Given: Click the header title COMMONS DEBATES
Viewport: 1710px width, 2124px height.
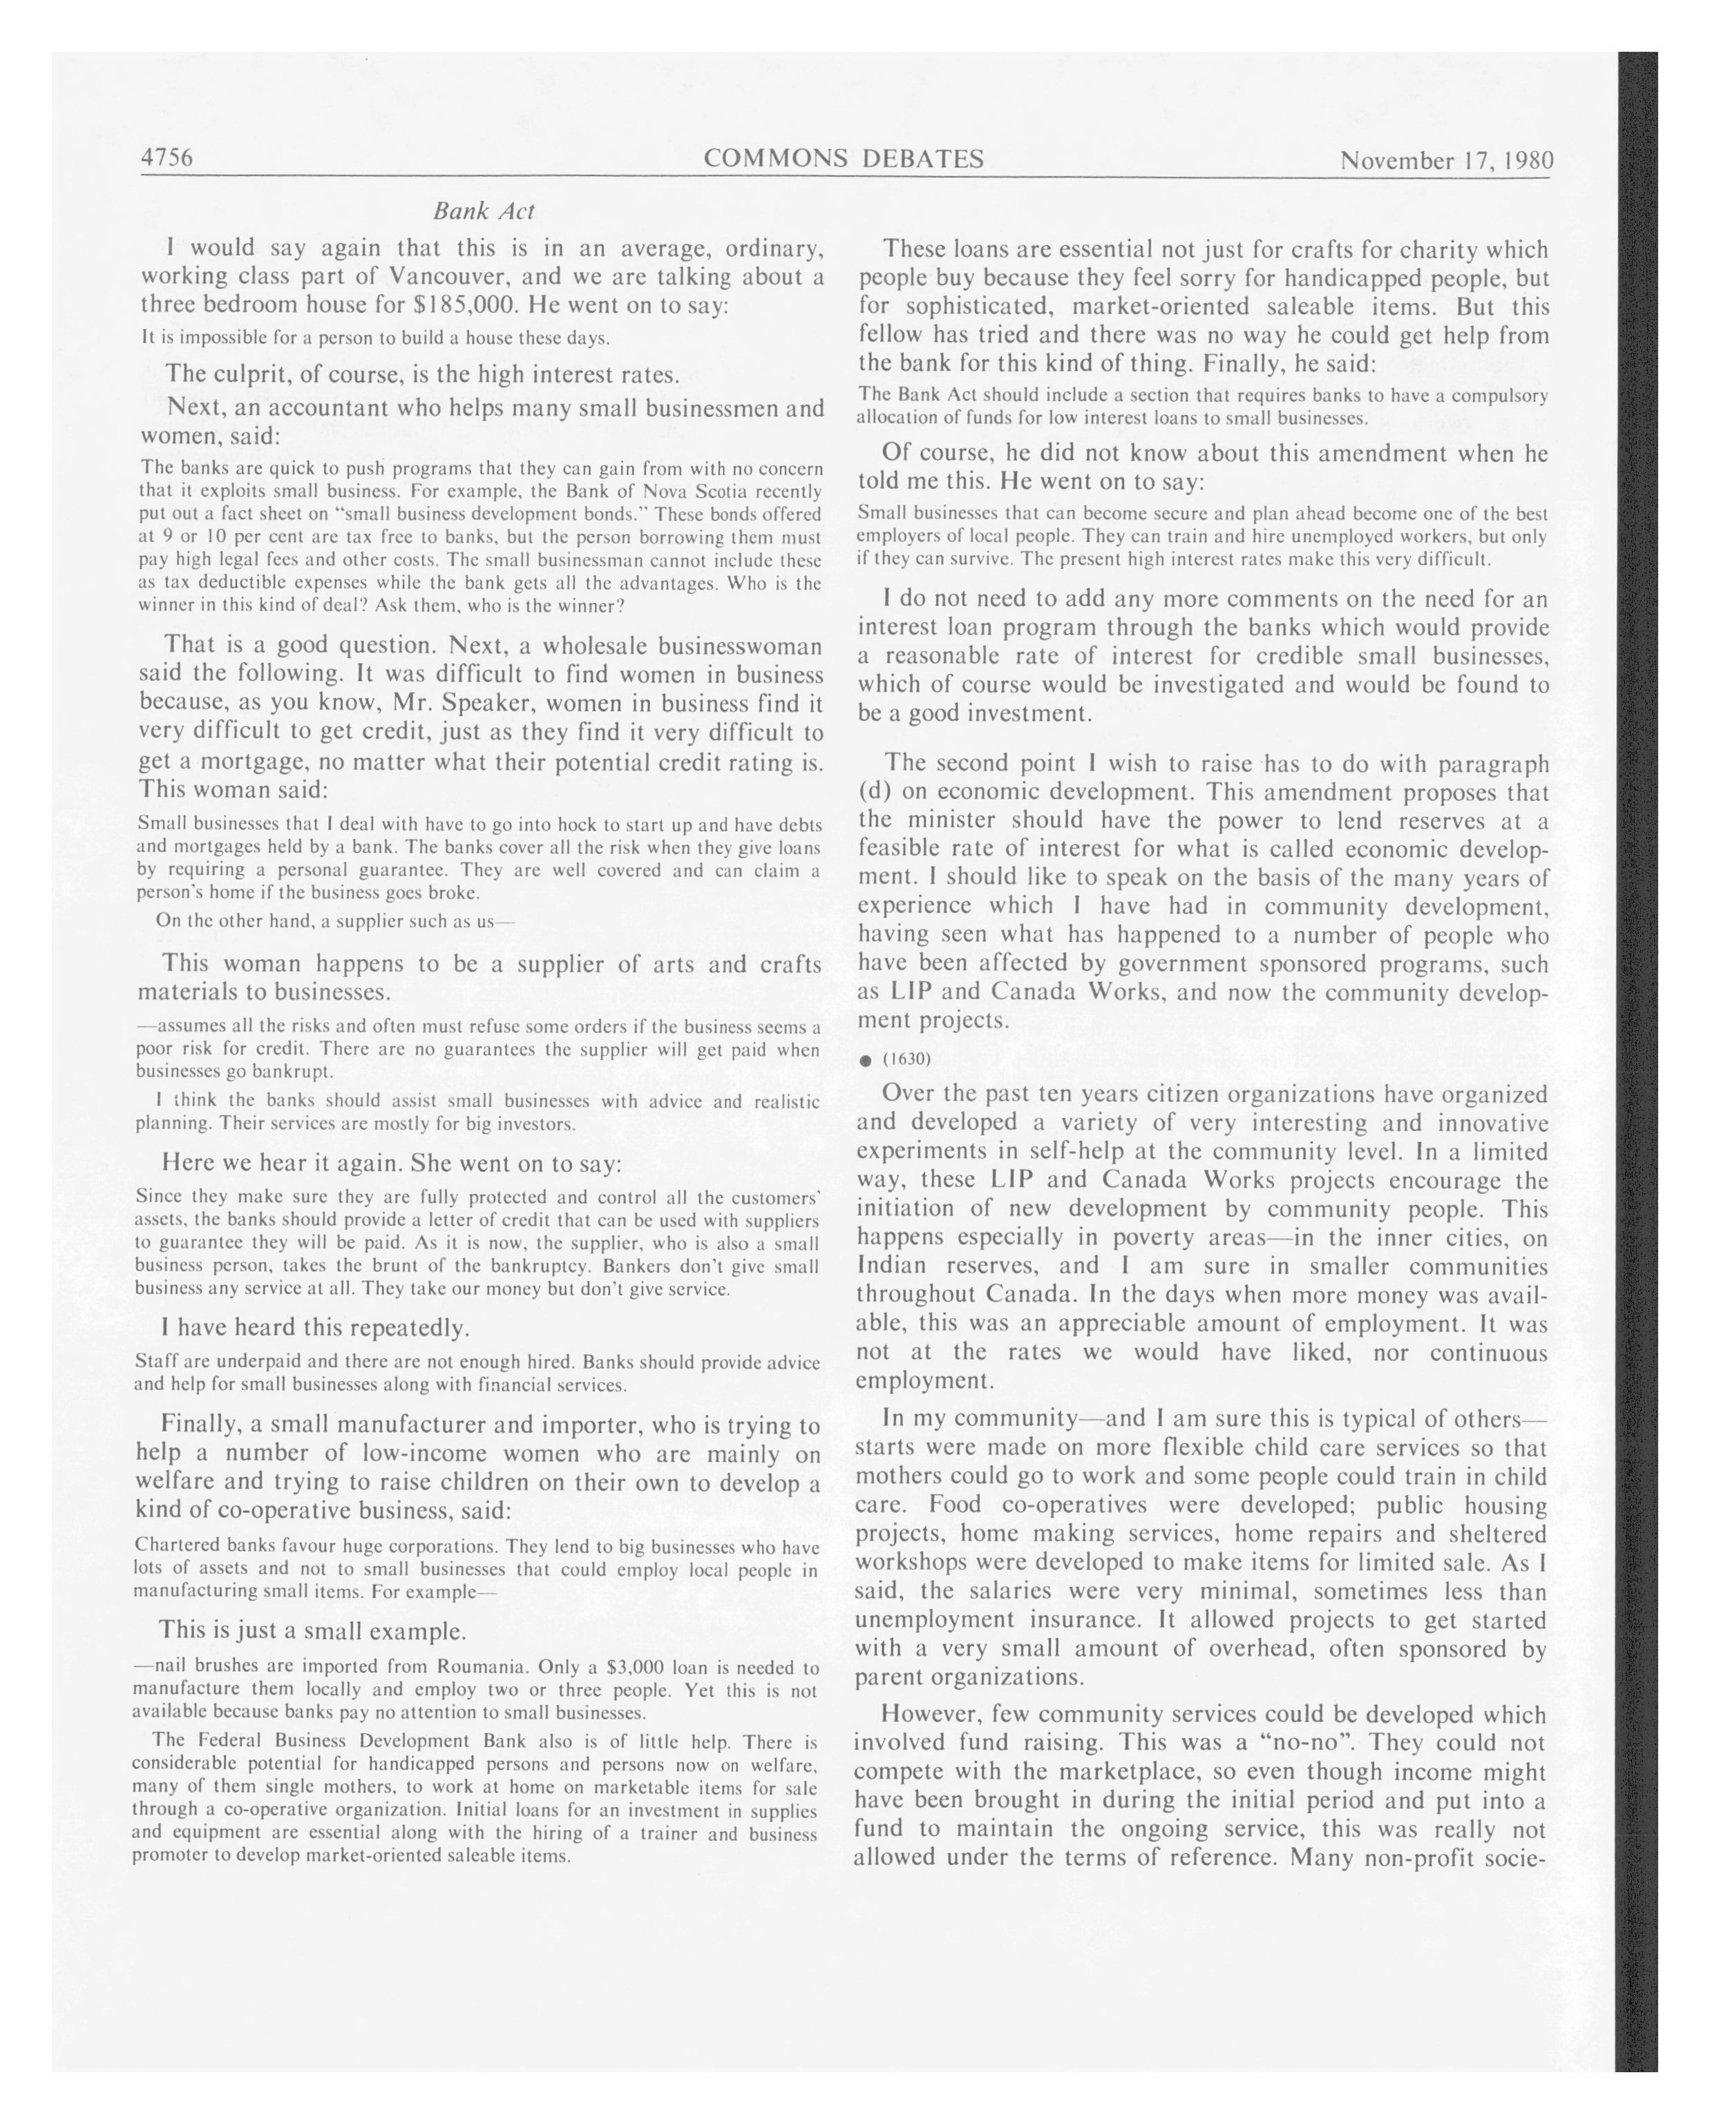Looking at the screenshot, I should pos(843,159).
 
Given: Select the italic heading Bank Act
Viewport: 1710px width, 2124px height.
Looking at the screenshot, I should pos(484,211).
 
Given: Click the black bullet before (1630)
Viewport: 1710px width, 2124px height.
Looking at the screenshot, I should pos(865,1061).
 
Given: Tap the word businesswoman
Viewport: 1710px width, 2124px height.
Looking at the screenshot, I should pos(739,646).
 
